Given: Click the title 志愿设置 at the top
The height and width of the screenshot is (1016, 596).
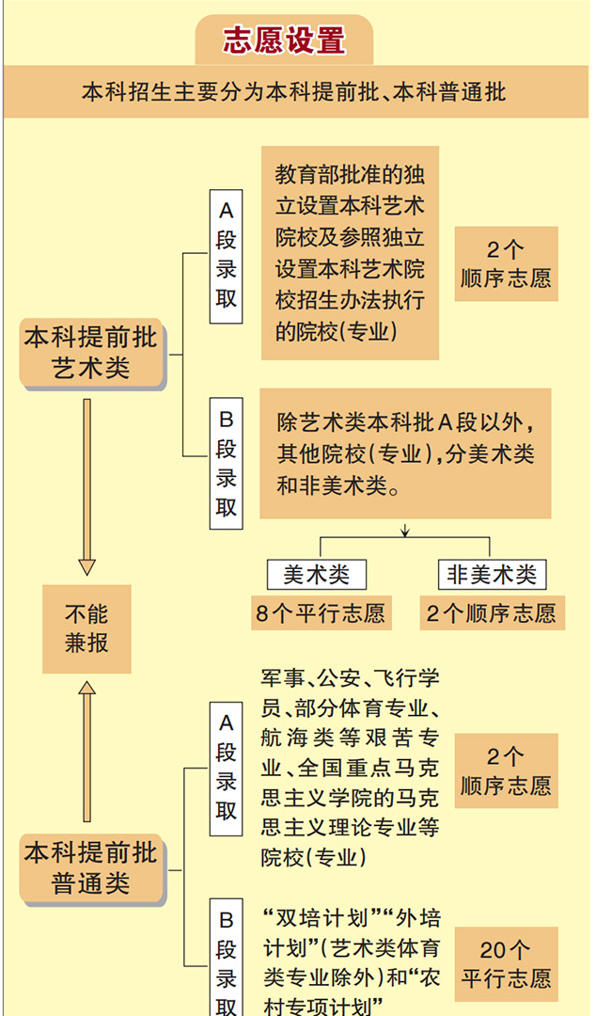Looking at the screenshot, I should (x=284, y=40).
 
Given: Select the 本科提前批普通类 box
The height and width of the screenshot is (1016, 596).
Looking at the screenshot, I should (x=91, y=868).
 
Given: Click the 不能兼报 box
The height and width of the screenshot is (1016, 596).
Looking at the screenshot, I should (x=86, y=628).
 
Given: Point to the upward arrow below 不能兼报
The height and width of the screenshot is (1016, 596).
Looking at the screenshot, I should (x=86, y=753).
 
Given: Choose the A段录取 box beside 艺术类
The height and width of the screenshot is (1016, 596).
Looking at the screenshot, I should (x=226, y=256).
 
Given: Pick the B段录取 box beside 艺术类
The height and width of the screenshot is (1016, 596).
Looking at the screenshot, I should (x=226, y=463).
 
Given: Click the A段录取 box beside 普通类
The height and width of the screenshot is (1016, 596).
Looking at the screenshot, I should (x=226, y=767).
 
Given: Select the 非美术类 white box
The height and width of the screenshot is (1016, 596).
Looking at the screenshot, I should (x=491, y=574).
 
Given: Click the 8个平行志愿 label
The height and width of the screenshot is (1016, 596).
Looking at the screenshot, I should (x=320, y=613).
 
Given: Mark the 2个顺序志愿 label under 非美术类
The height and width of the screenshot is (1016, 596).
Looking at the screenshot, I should (x=491, y=613).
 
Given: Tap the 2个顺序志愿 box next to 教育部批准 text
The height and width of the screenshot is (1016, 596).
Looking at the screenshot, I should (x=506, y=264).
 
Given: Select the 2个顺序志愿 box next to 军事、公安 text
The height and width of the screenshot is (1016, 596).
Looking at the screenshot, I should (x=506, y=770).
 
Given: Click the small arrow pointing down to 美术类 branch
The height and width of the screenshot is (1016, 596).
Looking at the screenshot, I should (x=405, y=532).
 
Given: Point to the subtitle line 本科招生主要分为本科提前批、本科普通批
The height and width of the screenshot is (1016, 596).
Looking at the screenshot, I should (x=293, y=92).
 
